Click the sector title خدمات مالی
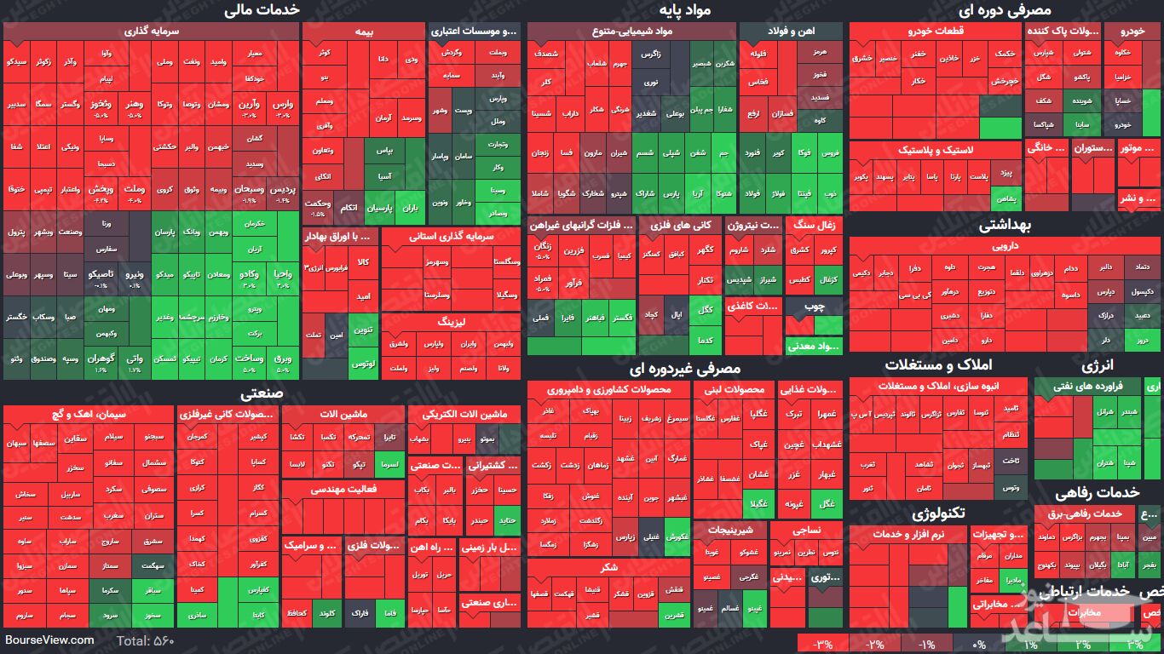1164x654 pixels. click(x=262, y=9)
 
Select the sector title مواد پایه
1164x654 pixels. click(x=684, y=9)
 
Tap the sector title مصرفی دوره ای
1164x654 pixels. click(x=1005, y=9)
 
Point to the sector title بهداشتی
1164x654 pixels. click(x=1005, y=226)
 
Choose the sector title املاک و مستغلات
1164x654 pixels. click(x=937, y=364)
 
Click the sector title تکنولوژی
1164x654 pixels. click(x=937, y=513)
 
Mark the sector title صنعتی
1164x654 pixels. click(x=262, y=393)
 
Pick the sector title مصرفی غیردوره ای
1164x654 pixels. click(x=684, y=369)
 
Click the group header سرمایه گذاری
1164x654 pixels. click(x=152, y=31)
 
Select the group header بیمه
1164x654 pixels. click(x=364, y=31)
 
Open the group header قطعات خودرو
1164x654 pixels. click(x=935, y=31)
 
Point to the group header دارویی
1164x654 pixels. click(x=1006, y=246)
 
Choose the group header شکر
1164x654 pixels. click(x=608, y=567)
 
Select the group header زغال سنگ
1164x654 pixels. click(x=815, y=226)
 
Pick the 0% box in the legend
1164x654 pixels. click(x=978, y=645)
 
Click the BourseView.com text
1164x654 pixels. click(x=49, y=640)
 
